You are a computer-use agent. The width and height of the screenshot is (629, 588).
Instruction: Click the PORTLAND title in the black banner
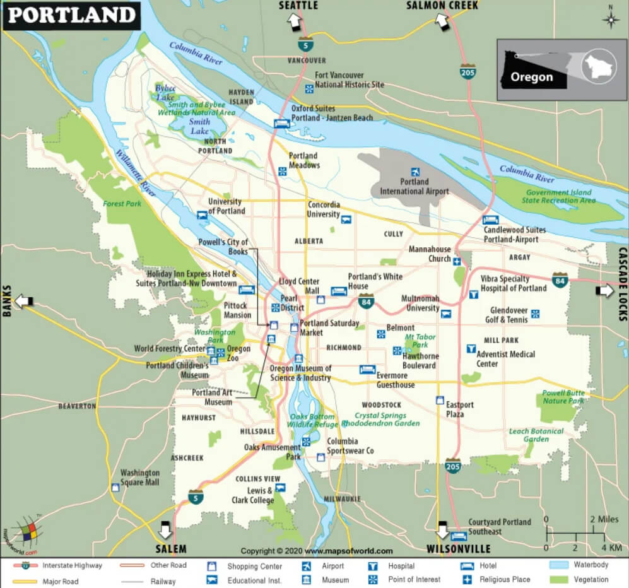click(x=71, y=15)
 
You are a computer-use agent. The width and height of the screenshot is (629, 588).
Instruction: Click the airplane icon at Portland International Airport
click(x=415, y=172)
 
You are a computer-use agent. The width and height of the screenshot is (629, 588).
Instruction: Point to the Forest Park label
click(x=122, y=204)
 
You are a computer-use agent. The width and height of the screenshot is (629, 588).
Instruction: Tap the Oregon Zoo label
click(x=238, y=353)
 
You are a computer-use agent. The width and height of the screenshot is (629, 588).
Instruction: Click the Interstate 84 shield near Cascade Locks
click(x=560, y=279)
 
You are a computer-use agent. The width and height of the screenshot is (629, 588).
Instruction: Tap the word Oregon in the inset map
click(x=531, y=78)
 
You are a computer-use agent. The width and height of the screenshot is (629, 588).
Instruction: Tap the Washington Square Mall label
click(x=140, y=478)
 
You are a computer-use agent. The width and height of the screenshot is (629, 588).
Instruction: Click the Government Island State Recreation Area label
click(x=558, y=196)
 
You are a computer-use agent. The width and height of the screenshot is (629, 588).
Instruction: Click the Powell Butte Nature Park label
click(x=563, y=397)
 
